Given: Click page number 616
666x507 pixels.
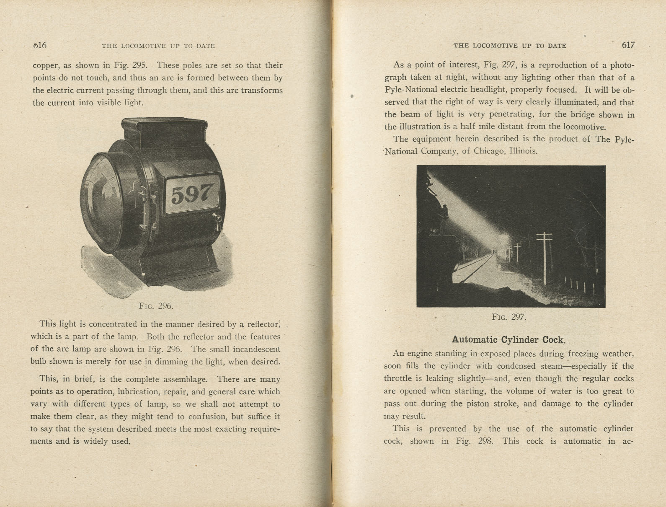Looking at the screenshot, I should pyautogui.click(x=40, y=45).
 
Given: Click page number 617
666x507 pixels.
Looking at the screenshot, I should pyautogui.click(x=628, y=45).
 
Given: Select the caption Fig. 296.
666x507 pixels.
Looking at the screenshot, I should pyautogui.click(x=156, y=306).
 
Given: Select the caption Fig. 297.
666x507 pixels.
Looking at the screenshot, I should pyautogui.click(x=509, y=317).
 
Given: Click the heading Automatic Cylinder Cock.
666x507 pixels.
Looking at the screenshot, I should pyautogui.click(x=509, y=339).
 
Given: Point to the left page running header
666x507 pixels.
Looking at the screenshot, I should pyautogui.click(x=158, y=46).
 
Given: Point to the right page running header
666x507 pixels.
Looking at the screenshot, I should pyautogui.click(x=509, y=46).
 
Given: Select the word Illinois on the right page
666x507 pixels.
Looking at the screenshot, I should pyautogui.click(x=524, y=151).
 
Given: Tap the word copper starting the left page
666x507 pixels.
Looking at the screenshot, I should pyautogui.click(x=46, y=66).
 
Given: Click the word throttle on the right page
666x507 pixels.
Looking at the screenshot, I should pyautogui.click(x=398, y=379).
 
